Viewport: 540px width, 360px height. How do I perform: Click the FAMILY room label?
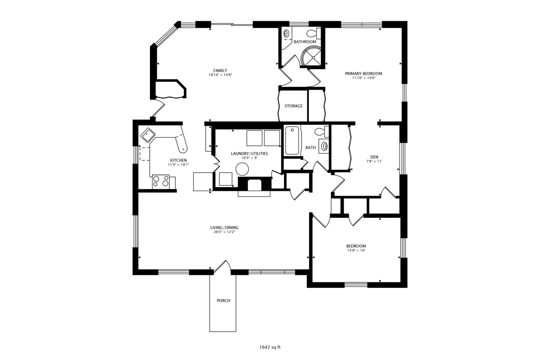coord(220,71)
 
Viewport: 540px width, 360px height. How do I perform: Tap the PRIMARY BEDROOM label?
coord(364,74)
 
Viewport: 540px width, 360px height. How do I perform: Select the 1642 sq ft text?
coord(270,347)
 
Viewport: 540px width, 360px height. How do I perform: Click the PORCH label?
coord(223,300)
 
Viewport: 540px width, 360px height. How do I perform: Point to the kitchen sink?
coord(148,135)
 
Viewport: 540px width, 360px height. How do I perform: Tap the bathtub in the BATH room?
coord(292,140)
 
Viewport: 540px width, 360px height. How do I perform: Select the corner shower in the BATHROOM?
coord(311,56)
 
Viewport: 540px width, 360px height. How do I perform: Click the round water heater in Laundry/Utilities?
coord(242,169)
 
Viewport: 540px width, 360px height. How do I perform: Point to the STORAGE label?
coord(293,106)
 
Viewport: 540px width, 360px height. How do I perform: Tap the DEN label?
coord(374,157)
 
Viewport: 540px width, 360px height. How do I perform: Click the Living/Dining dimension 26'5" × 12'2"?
coord(224,232)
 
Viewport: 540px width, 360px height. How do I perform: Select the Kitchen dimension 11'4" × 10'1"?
coord(178,164)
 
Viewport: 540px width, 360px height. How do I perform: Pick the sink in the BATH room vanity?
coord(324,146)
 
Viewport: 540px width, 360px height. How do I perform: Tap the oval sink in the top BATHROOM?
coord(286,33)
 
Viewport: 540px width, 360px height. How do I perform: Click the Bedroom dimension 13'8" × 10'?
coord(356,250)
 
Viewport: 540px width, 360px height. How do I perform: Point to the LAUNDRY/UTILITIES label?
coord(249,154)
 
